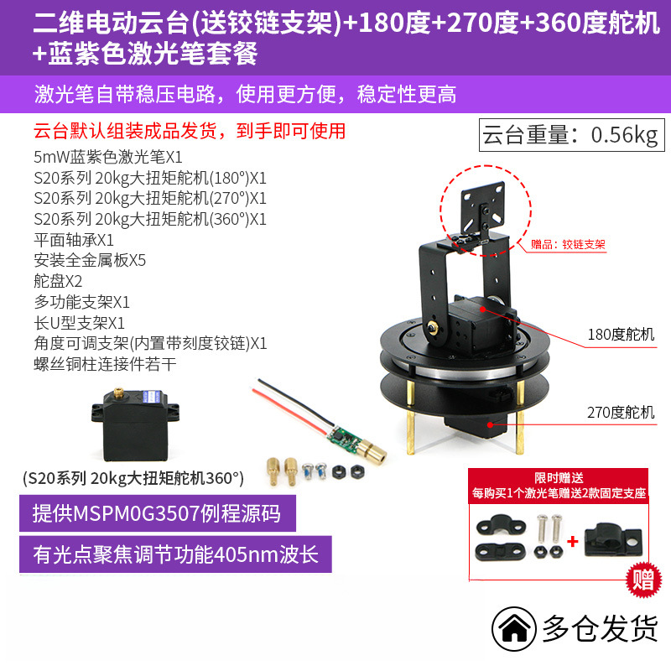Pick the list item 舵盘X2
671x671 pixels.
(58, 281)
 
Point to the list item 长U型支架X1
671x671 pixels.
(79, 322)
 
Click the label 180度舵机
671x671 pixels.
(622, 335)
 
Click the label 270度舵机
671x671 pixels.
(622, 412)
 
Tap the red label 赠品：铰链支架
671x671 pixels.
(568, 245)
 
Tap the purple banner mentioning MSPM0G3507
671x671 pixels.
(168, 512)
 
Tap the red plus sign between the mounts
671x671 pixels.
(573, 541)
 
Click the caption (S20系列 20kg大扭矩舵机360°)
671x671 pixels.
(133, 478)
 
